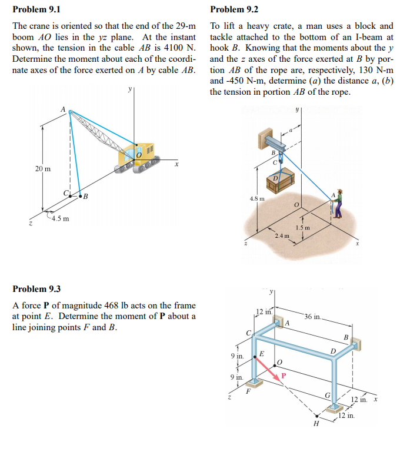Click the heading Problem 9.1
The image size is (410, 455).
pos(36,9)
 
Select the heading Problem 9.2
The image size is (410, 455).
pos(234,9)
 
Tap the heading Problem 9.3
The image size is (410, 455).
pos(36,289)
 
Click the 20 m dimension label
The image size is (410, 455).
pos(43,169)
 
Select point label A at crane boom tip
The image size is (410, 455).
pos(62,108)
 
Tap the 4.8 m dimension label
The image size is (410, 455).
pos(258,198)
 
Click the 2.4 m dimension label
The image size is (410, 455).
pos(283,235)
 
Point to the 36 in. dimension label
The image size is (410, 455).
pos(313,317)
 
